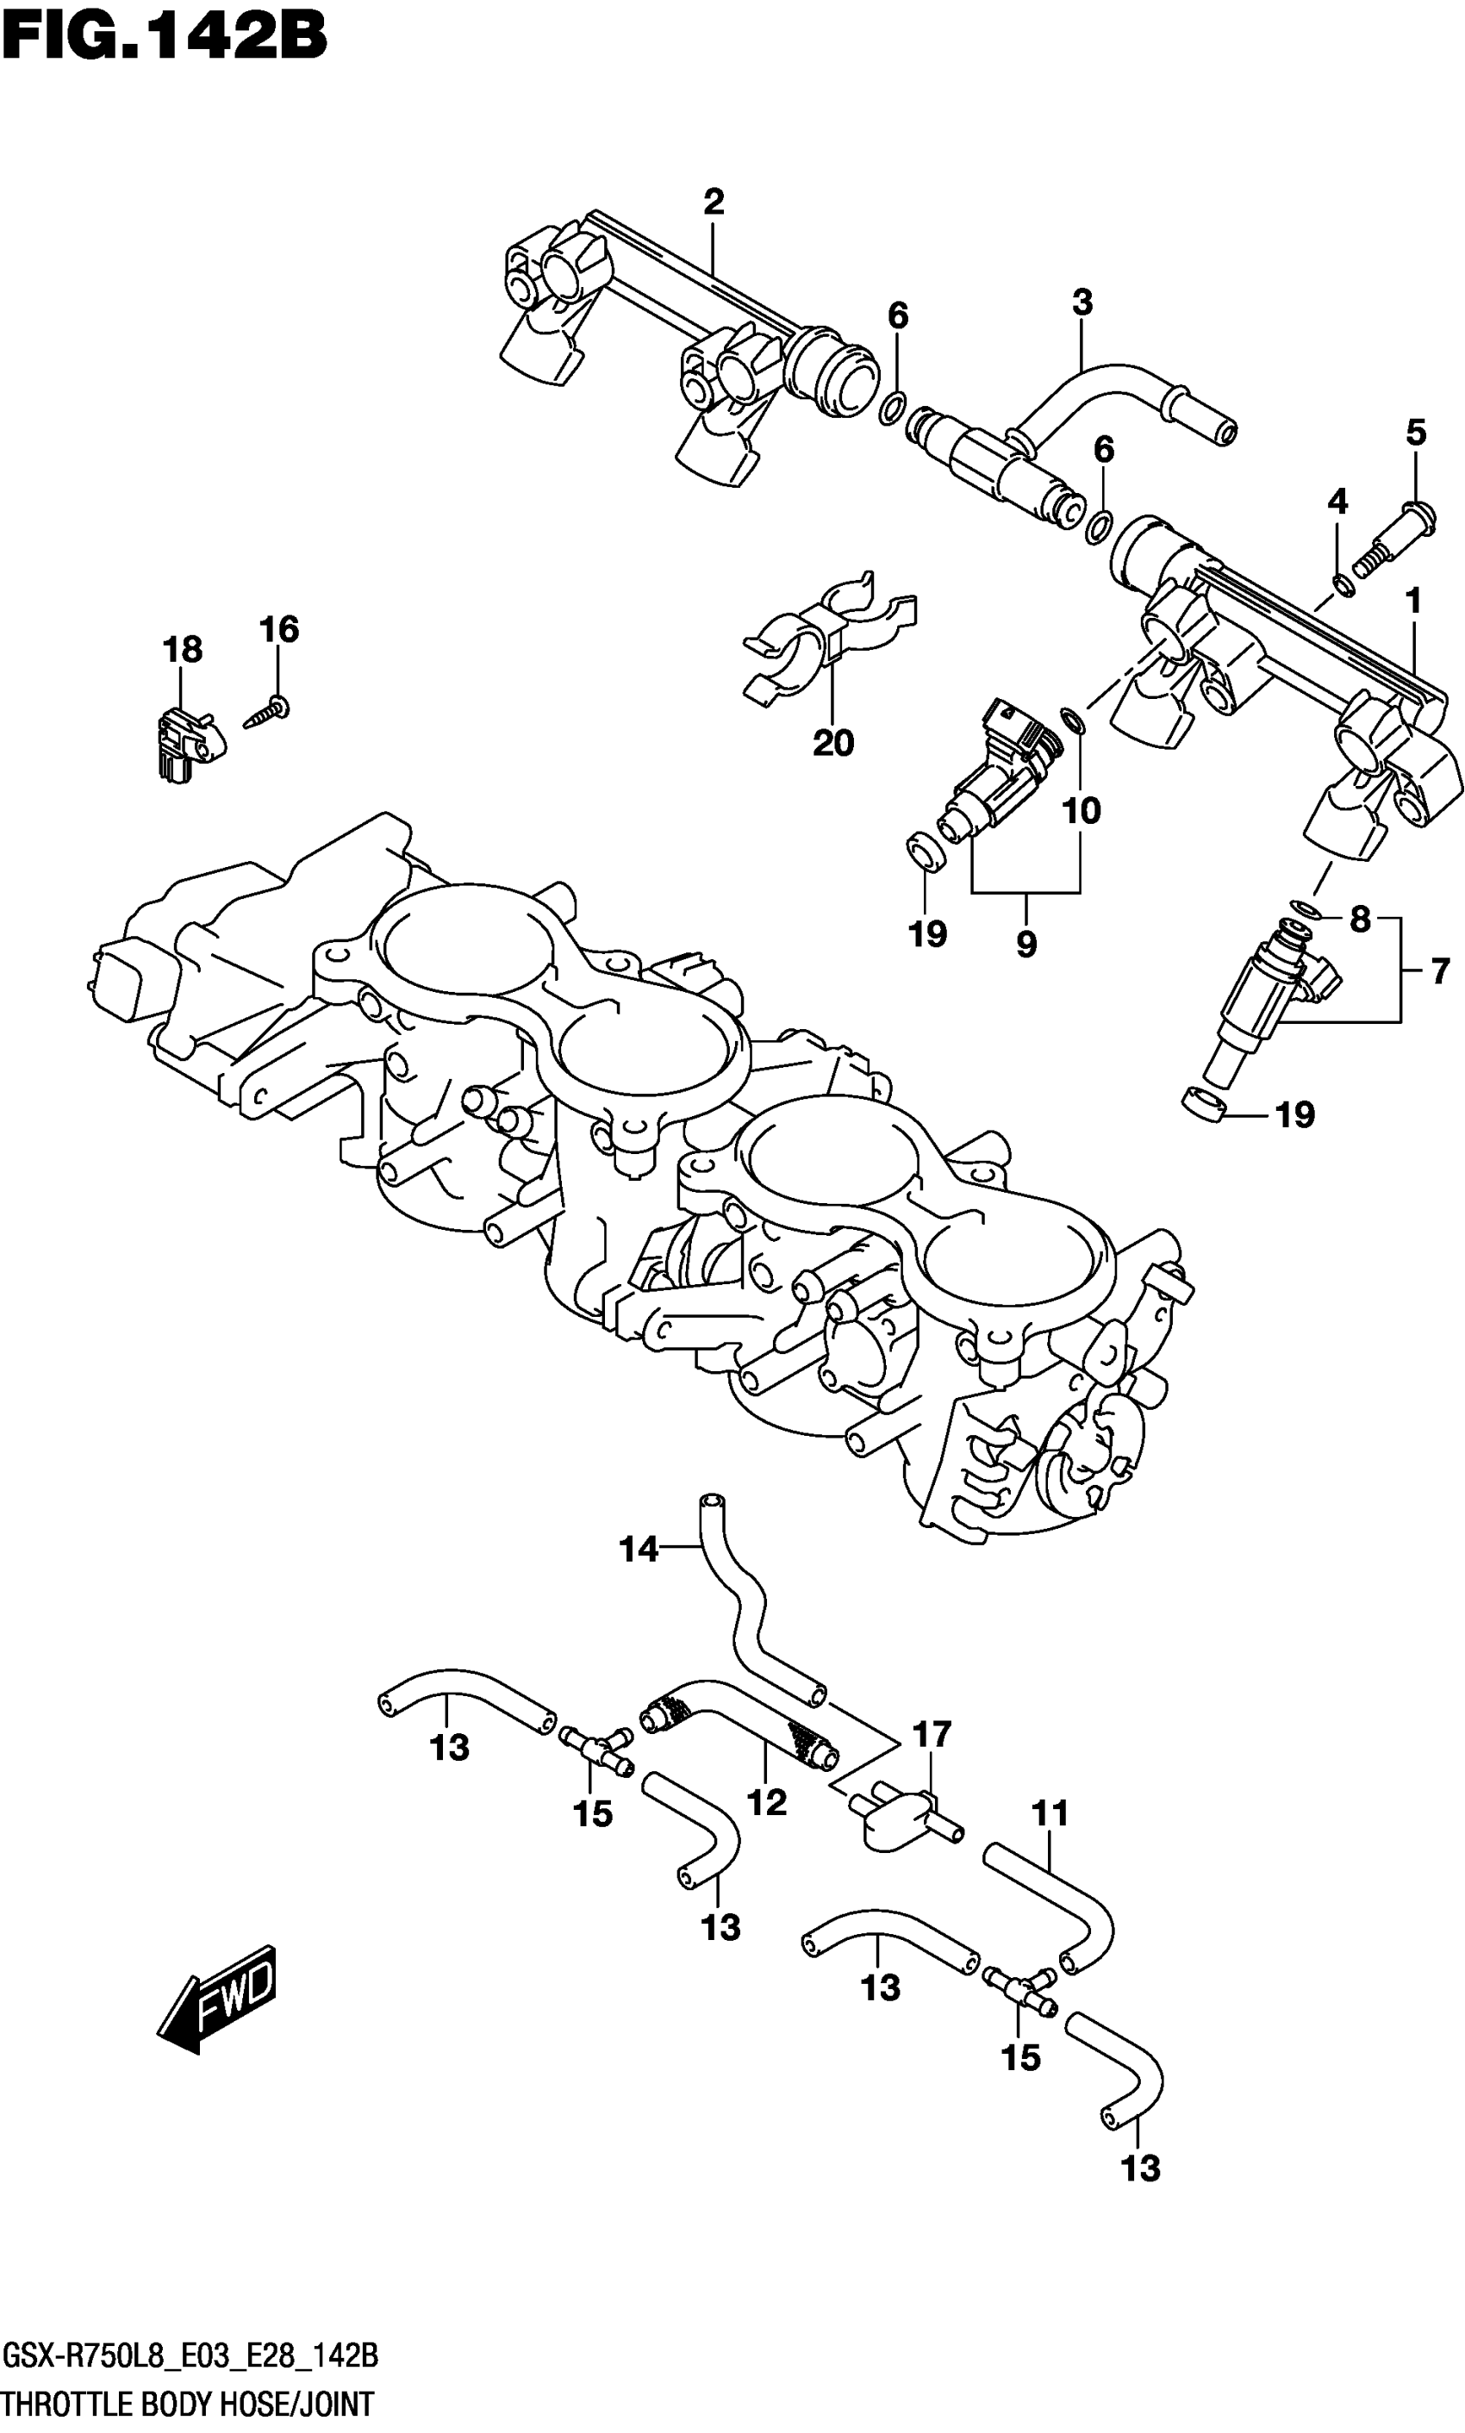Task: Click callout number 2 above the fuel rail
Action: [714, 203]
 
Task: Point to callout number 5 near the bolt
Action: [1416, 433]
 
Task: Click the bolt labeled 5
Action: [1391, 540]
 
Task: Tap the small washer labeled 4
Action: [1343, 587]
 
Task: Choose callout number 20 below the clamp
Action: [832, 743]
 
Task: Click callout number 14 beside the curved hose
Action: [639, 1549]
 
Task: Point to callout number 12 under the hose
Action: [766, 1803]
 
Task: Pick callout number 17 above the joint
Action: [931, 1734]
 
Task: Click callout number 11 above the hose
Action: [1050, 1813]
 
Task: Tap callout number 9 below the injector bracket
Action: [1025, 945]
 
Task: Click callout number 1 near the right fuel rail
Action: [1412, 600]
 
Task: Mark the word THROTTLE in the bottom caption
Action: [65, 2405]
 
